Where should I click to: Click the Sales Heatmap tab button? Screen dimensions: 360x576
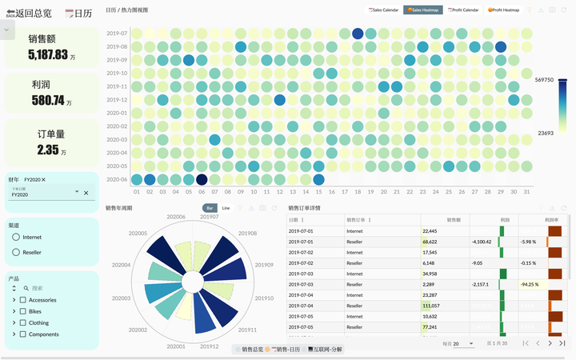pos(423,10)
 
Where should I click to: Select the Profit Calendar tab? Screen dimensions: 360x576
pos(464,10)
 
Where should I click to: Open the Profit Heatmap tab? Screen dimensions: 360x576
pos(504,10)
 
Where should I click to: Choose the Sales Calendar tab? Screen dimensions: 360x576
pos(382,10)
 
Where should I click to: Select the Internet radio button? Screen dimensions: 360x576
pos(16,238)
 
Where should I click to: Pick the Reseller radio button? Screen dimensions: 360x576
pos(16,252)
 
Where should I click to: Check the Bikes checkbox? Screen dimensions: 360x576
pos(23,311)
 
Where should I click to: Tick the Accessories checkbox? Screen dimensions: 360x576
pos(23,300)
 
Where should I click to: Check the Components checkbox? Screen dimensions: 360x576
pos(23,334)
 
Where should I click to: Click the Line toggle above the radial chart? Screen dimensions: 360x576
pos(226,208)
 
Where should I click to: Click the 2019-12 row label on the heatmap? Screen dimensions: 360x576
pos(117,100)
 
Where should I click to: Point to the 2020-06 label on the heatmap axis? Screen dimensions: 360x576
pos(117,179)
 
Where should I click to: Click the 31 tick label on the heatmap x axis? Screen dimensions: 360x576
pos(526,192)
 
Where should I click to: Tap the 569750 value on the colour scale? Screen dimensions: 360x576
pos(546,80)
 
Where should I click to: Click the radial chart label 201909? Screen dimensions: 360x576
pos(264,265)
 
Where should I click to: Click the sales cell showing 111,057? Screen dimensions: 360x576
pos(431,306)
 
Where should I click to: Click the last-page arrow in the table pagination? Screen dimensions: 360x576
pos(562,343)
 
